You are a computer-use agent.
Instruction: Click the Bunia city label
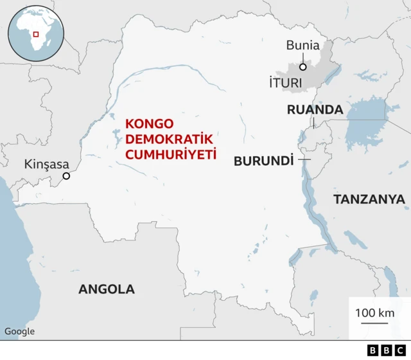(302, 45)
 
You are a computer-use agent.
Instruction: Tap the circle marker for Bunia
(302, 66)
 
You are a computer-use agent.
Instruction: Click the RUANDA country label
(315, 110)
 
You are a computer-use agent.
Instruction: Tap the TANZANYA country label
(369, 200)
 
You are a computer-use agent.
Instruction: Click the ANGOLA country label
(107, 289)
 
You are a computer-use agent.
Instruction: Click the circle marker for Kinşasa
(66, 176)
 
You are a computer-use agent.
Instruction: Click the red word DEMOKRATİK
(161, 138)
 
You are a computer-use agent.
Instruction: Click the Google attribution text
(20, 332)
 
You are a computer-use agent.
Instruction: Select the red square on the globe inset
(36, 34)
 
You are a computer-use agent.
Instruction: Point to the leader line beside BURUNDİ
(304, 159)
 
